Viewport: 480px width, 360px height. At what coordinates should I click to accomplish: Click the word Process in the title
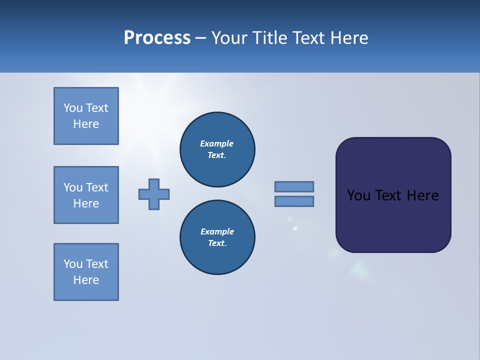(x=157, y=38)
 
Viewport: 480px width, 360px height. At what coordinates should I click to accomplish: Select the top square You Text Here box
(x=86, y=116)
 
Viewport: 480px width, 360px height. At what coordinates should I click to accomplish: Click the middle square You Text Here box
(x=86, y=195)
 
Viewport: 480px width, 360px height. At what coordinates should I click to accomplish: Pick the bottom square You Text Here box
(x=86, y=272)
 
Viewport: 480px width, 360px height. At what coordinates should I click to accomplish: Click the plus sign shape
(x=154, y=194)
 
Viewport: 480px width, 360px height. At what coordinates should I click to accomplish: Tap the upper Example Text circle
(x=217, y=149)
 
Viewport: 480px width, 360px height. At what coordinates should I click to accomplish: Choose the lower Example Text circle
(x=217, y=237)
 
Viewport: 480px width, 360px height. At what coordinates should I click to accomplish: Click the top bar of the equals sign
(x=294, y=186)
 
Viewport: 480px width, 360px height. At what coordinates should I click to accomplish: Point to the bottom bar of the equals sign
(x=294, y=201)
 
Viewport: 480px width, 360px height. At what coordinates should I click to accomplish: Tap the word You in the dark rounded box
(x=358, y=195)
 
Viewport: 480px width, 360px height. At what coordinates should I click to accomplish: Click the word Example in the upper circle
(x=216, y=143)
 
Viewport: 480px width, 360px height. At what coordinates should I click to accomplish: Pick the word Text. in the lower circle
(x=217, y=243)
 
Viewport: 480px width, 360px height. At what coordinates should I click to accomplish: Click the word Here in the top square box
(x=86, y=124)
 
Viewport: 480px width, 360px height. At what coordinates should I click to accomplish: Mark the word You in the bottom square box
(x=73, y=264)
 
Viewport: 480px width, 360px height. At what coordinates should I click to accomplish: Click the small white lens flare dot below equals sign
(x=295, y=228)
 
